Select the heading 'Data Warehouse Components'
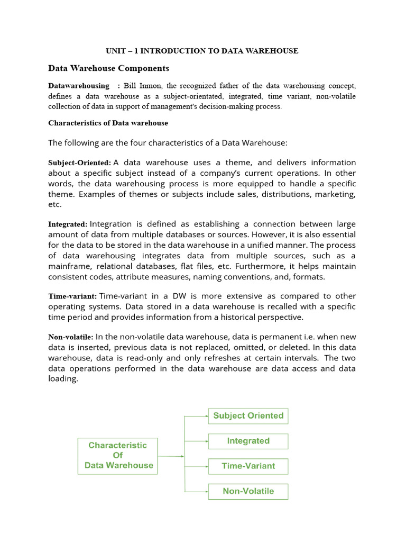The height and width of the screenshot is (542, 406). pyautogui.click(x=108, y=68)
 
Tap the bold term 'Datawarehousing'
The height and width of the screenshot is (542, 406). pyautogui.click(x=79, y=86)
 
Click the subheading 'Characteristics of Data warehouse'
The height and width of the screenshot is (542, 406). pyautogui.click(x=108, y=123)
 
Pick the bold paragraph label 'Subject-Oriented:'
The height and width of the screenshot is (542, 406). pyautogui.click(x=79, y=162)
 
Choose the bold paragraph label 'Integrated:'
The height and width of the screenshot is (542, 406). pyautogui.click(x=68, y=224)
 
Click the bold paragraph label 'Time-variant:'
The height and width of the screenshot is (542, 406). pyautogui.click(x=72, y=296)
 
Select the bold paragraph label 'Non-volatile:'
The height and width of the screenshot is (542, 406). pyautogui.click(x=71, y=337)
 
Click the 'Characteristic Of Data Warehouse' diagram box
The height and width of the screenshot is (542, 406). pyautogui.click(x=117, y=456)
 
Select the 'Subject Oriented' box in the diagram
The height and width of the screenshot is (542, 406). pyautogui.click(x=248, y=416)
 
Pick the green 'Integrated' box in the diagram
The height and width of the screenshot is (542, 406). pyautogui.click(x=248, y=441)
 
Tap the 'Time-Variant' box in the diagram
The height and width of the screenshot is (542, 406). pyautogui.click(x=248, y=466)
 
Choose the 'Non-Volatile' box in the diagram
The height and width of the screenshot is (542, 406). pyautogui.click(x=248, y=491)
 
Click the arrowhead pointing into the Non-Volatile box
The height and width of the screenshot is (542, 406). pyautogui.click(x=206, y=491)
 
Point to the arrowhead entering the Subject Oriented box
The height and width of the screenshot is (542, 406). pyautogui.click(x=206, y=416)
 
